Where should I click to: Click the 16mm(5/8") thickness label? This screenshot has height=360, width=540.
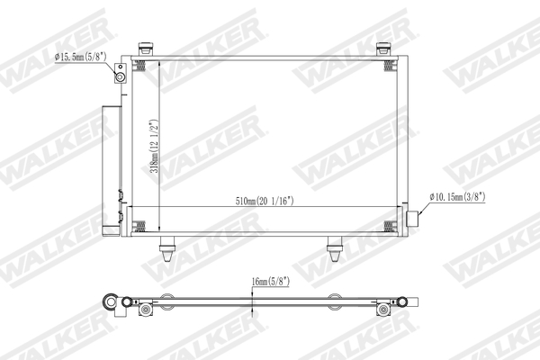point(270,280)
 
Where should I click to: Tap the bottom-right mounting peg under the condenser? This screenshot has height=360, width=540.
point(334,247)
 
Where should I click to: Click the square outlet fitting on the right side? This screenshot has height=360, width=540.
point(414,217)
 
